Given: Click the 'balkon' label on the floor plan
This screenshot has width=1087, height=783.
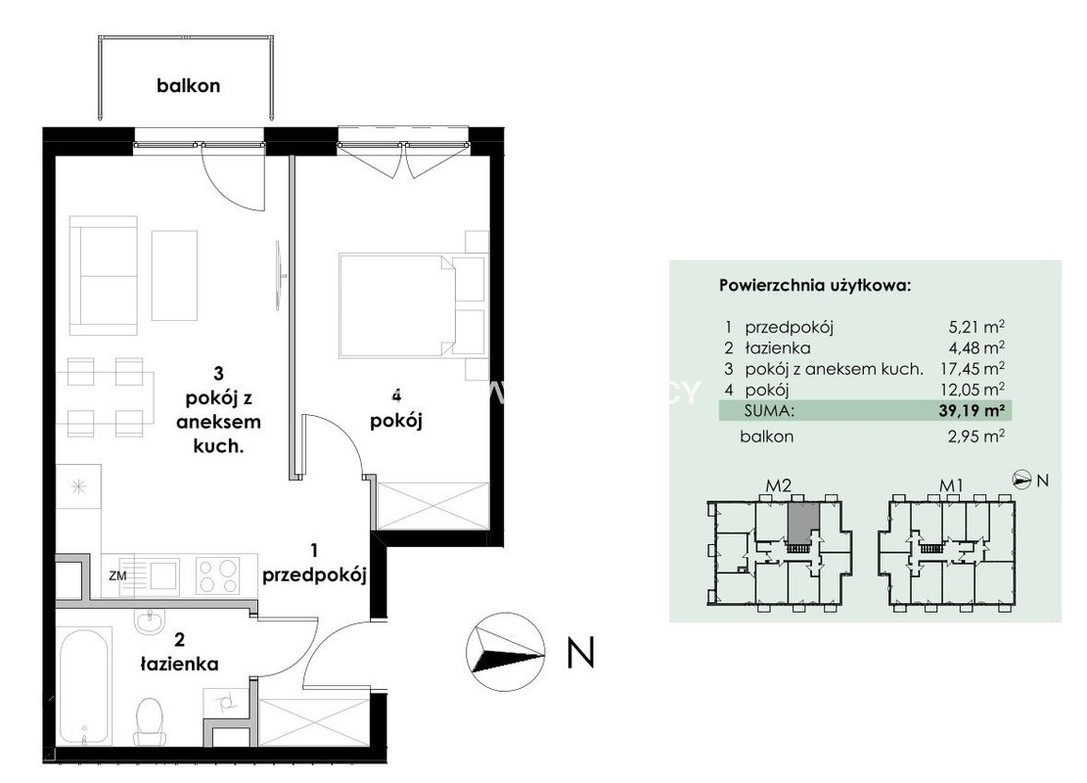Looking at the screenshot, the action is (188, 86).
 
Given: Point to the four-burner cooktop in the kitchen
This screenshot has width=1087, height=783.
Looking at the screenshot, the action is (217, 576).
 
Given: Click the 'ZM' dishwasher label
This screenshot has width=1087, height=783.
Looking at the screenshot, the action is (117, 576).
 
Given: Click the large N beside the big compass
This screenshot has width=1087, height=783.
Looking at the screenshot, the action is (580, 652).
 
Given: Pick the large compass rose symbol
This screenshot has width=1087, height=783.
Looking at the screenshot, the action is (506, 652).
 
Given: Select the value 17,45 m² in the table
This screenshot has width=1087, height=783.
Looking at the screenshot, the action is (976, 368).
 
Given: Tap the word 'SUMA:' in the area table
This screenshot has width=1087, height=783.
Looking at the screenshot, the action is (769, 410).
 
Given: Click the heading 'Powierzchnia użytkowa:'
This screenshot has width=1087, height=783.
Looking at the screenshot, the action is (815, 285).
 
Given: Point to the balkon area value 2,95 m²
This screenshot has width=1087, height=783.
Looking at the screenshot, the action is (976, 437).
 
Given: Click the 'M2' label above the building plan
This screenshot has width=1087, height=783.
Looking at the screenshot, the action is (779, 485).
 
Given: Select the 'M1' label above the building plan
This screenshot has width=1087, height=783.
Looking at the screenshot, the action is (951, 485).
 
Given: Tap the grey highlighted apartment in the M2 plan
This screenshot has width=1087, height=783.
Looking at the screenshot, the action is (803, 523).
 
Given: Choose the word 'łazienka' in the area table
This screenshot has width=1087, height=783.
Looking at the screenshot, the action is (777, 347).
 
